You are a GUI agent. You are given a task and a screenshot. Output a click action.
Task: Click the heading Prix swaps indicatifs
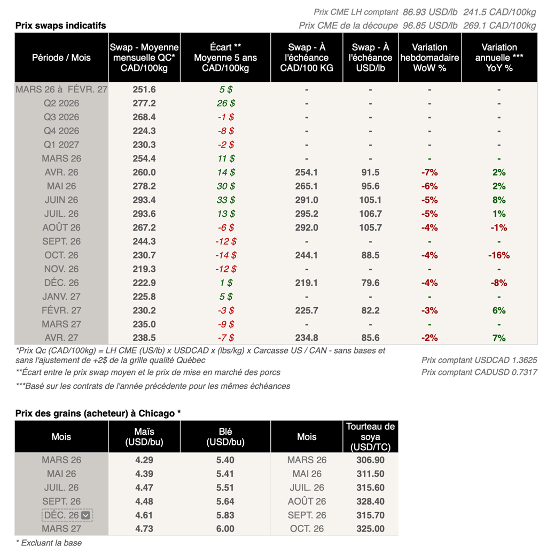tap(60, 25)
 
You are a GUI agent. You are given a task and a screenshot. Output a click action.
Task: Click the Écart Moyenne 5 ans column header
tap(225, 58)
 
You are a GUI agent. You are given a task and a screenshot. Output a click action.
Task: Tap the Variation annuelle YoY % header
tap(499, 58)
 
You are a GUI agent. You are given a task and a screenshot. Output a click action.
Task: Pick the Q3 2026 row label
tap(61, 117)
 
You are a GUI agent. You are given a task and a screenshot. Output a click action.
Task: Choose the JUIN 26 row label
tap(61, 200)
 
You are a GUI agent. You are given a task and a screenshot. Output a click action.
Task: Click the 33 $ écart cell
tap(225, 200)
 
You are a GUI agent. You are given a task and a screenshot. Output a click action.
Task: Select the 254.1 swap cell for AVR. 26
tap(306, 172)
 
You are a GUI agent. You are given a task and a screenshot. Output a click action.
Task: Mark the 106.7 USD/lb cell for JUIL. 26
tap(370, 214)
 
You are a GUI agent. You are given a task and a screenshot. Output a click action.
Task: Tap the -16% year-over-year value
tap(499, 255)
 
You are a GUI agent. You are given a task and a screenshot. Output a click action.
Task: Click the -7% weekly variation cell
tap(429, 172)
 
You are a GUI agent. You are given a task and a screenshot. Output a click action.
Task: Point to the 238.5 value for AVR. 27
tap(144, 338)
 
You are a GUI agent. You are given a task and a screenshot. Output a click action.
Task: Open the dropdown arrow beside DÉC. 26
tap(87, 515)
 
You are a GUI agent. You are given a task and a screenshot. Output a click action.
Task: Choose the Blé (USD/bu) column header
tap(225, 437)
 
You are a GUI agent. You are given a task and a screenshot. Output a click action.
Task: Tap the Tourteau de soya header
tap(370, 437)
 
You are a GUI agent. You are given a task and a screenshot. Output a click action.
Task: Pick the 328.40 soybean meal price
tap(370, 502)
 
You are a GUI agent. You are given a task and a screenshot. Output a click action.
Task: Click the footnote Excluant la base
tap(49, 543)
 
